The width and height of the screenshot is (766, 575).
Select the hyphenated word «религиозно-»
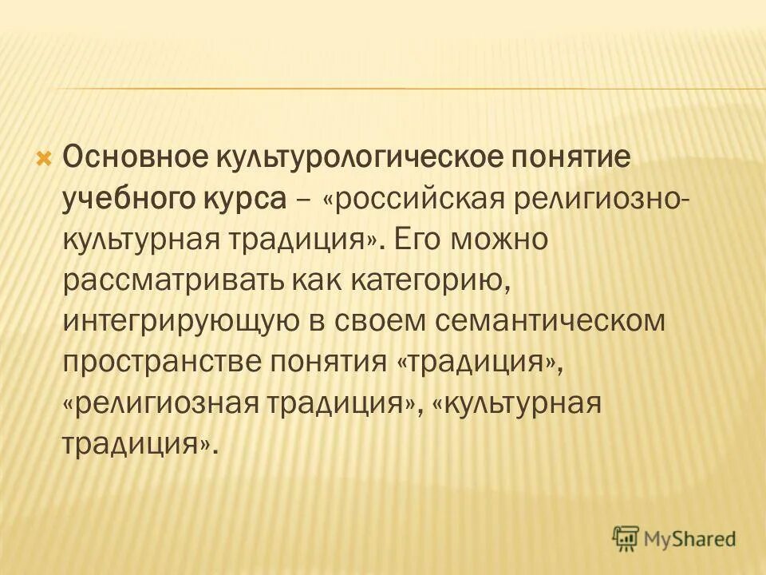point(598,196)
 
